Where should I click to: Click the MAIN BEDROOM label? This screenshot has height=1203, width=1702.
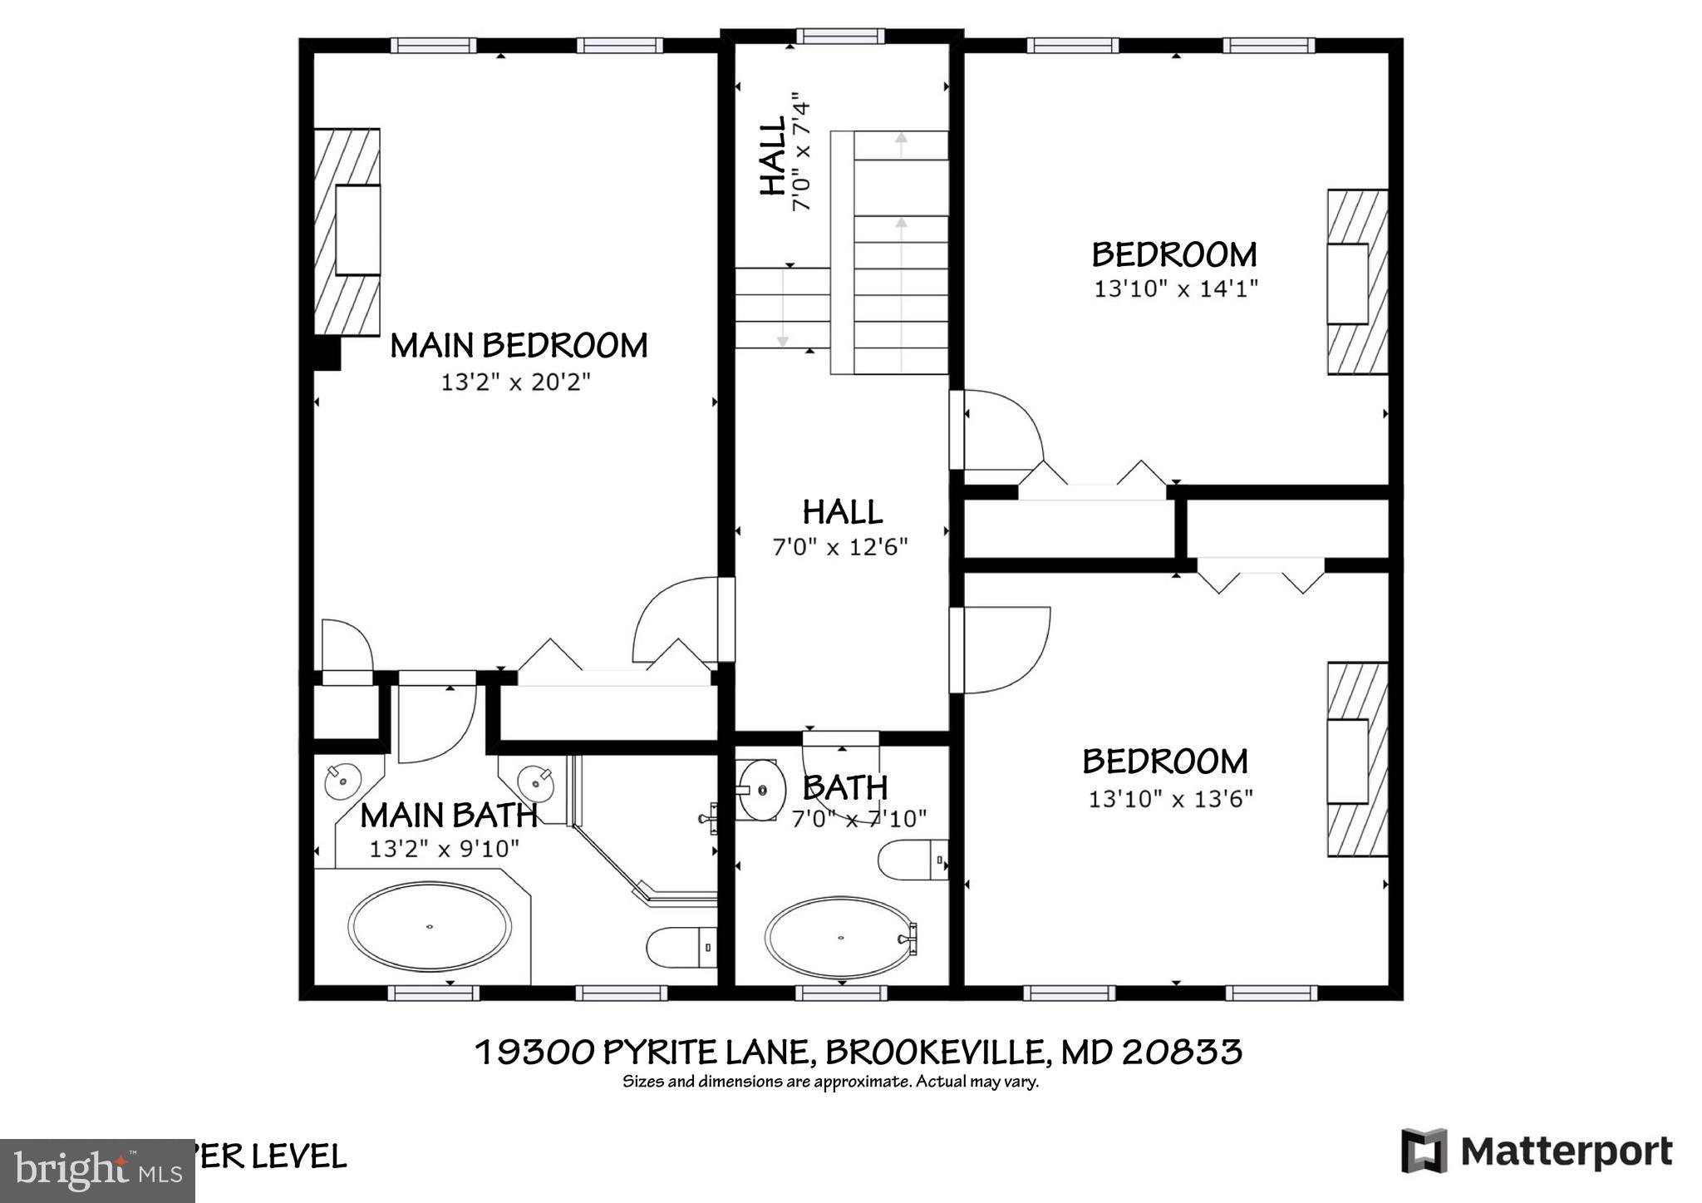click(x=519, y=346)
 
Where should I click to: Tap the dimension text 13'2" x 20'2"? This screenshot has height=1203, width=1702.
click(x=515, y=382)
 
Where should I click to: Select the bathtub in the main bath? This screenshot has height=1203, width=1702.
click(x=430, y=926)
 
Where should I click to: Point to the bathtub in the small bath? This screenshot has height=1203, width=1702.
click(x=841, y=938)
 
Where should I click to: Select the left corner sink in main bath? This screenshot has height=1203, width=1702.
click(x=342, y=781)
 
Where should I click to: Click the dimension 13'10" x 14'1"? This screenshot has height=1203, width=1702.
click(x=1175, y=289)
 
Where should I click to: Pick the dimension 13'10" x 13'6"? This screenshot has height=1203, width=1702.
click(x=1170, y=799)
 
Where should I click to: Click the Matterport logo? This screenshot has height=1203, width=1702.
click(x=1537, y=1151)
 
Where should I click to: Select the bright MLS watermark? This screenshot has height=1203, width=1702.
click(x=97, y=1171)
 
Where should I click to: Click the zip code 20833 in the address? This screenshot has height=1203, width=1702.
click(x=1182, y=1052)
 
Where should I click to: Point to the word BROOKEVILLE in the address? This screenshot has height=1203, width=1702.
click(x=934, y=1052)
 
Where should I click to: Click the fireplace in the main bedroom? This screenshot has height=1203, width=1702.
click(x=347, y=231)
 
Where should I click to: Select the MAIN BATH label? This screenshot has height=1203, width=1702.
click(x=448, y=816)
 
